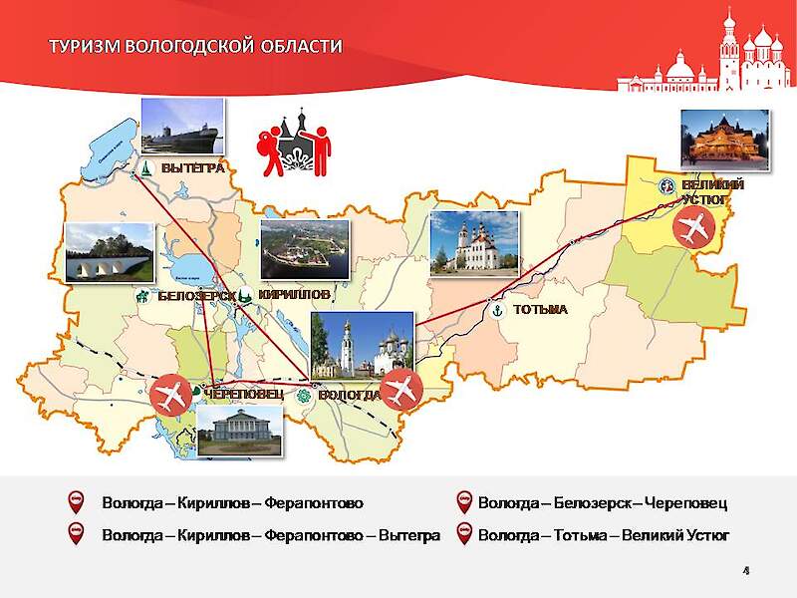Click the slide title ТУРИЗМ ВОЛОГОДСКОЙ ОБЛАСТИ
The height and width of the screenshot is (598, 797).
click(196, 46)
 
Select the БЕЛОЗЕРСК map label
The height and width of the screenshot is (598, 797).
click(196, 296)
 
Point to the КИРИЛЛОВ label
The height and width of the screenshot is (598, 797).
click(294, 295)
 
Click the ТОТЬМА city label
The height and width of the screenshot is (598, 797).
click(540, 310)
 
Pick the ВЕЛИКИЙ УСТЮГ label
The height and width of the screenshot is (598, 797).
click(712, 192)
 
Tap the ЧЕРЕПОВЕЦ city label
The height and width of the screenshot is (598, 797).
click(243, 394)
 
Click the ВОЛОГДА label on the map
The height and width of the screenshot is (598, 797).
click(350, 395)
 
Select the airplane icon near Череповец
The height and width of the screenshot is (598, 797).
click(172, 395)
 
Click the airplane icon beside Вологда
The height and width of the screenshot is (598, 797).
click(402, 389)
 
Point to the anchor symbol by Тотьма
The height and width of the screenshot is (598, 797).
click(495, 310)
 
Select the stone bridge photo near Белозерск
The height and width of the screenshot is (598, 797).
click(109, 251)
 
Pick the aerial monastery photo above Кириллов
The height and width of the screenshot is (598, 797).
click(305, 249)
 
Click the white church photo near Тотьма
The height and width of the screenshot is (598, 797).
click(474, 243)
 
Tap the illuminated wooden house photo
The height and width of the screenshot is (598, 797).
click(724, 139)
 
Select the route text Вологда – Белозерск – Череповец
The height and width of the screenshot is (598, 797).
click(603, 500)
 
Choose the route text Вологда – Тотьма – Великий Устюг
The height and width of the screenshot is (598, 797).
click(604, 535)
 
